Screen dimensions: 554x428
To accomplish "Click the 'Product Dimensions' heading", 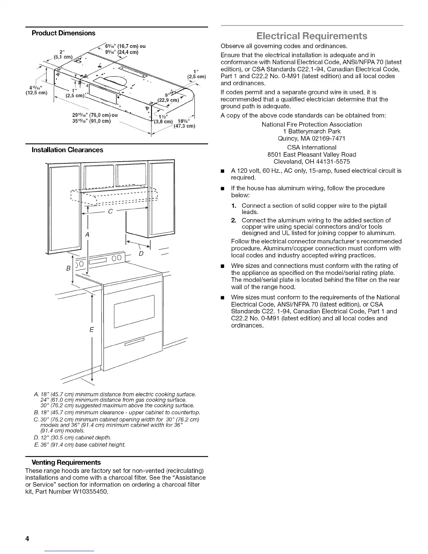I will [63, 33].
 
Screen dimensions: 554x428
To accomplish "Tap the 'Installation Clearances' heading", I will [67, 150].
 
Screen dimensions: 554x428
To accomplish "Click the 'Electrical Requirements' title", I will [312, 36].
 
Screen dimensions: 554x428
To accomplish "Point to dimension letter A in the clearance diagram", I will [87, 235].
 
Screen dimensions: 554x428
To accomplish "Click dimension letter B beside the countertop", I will [68, 269].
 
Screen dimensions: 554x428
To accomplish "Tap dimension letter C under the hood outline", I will [110, 212].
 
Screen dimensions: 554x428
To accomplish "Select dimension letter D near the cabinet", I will [141, 253].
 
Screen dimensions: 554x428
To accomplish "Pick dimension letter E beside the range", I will [92, 329].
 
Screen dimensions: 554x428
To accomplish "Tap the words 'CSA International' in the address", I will [312, 148].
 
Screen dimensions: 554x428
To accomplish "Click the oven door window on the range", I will [134, 311].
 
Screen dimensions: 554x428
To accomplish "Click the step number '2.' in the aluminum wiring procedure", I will [234, 220].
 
